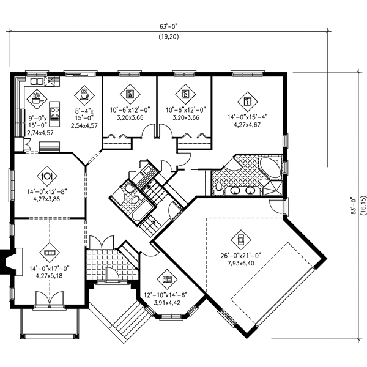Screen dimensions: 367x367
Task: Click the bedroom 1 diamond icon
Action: [248, 98]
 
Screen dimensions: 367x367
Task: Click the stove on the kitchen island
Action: [54, 112]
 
